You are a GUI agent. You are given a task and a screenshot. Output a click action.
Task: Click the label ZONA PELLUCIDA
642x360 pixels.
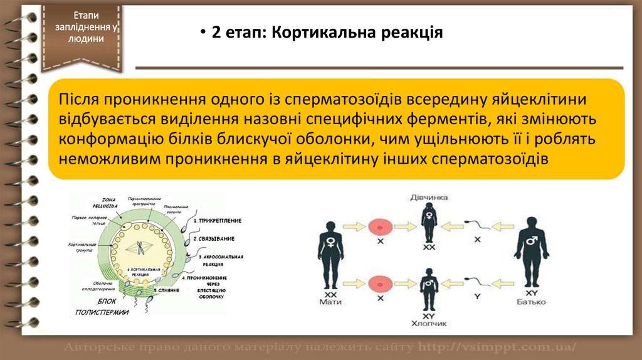point(105,202)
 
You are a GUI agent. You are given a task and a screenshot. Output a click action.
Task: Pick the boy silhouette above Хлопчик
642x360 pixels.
point(429,288)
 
